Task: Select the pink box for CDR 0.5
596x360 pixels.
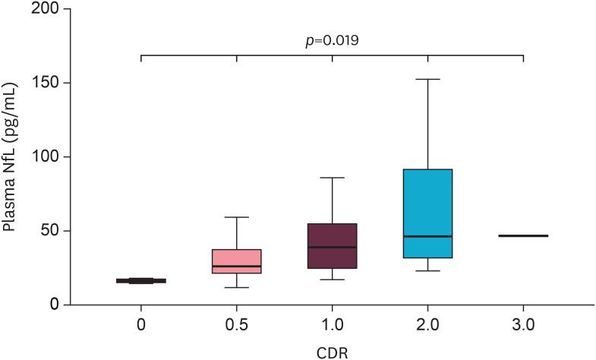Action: (237, 261)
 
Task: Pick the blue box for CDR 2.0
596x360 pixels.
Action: (428, 213)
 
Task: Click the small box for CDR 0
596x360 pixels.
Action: (141, 281)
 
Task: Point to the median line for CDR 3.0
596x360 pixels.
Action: (523, 236)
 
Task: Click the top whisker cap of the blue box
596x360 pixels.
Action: (428, 79)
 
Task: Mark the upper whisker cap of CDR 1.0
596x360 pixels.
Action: (333, 178)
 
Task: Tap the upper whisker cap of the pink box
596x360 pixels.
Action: (237, 217)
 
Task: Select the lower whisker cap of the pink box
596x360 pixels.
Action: (237, 287)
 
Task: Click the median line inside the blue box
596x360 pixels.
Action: (428, 236)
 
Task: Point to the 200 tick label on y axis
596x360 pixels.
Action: (48, 10)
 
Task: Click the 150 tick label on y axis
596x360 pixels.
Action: (48, 84)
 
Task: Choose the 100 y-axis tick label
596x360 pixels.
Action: (48, 157)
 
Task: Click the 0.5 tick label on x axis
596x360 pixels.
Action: (237, 324)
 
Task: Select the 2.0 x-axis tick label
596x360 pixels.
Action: (428, 324)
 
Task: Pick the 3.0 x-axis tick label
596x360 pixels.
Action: (523, 324)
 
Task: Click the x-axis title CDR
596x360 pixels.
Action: (333, 352)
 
